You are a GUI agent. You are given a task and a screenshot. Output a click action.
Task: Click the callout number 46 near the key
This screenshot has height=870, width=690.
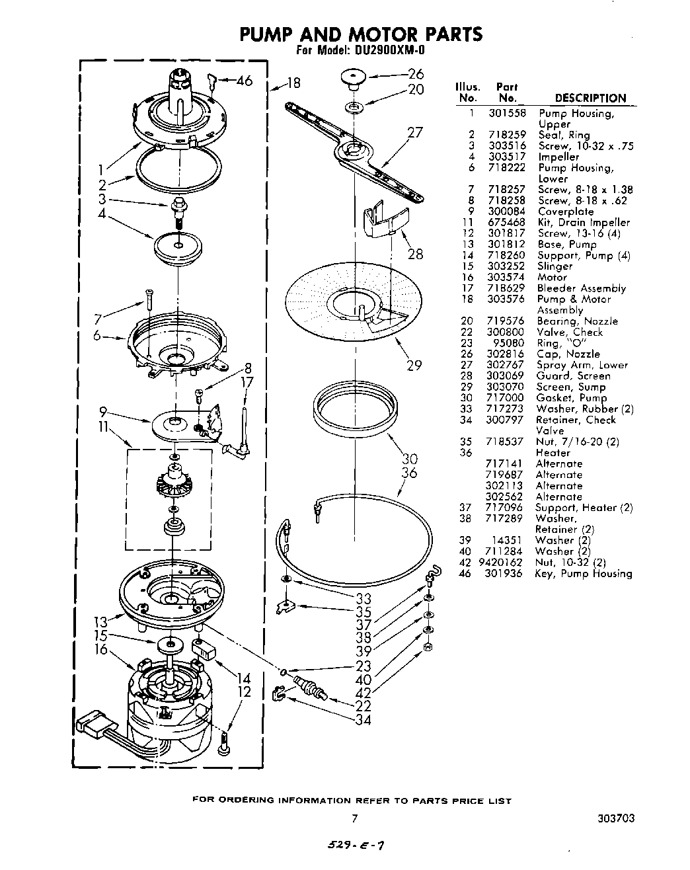(244, 81)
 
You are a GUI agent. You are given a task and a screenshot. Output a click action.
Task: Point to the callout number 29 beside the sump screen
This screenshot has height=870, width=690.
(414, 366)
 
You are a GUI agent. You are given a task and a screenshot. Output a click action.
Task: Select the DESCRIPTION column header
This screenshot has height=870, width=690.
(590, 98)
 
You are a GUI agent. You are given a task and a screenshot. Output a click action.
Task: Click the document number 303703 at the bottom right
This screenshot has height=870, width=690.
(615, 818)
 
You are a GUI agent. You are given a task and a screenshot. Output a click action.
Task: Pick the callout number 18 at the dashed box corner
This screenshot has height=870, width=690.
(293, 83)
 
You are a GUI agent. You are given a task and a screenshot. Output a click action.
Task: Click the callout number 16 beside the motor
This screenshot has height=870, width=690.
(100, 650)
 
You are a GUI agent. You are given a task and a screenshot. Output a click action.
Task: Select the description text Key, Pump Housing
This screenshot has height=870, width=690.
(584, 574)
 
